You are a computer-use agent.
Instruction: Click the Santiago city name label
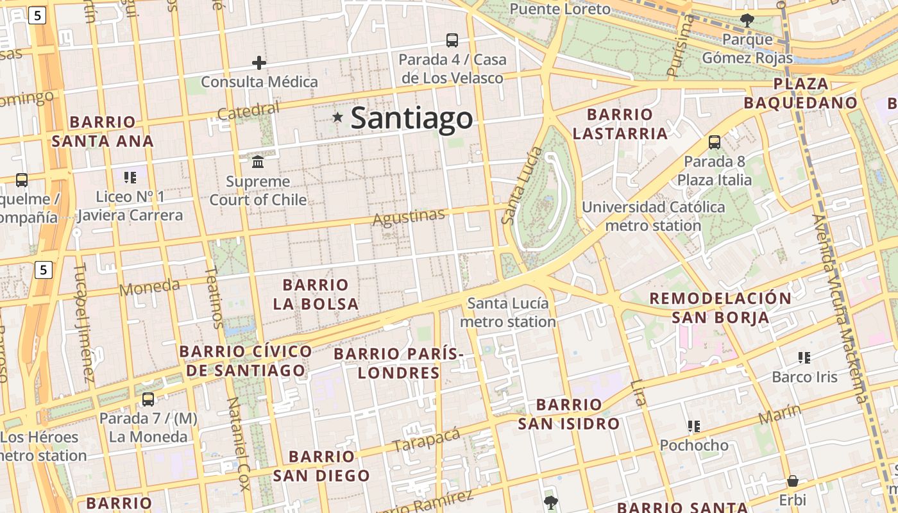(x=412, y=119)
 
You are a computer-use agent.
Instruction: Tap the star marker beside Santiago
(x=337, y=117)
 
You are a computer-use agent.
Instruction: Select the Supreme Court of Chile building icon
(x=258, y=160)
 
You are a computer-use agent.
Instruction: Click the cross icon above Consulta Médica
(x=259, y=63)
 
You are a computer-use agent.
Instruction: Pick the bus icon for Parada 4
(x=452, y=40)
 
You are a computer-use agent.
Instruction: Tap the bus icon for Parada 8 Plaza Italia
(x=715, y=142)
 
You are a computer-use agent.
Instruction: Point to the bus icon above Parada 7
(x=148, y=399)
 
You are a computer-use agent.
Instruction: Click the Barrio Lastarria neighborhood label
(x=620, y=124)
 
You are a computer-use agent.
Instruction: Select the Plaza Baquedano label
(x=801, y=94)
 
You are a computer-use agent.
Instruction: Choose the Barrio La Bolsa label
(x=316, y=294)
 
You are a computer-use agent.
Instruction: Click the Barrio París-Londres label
(x=398, y=363)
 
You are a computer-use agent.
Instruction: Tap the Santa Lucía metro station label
(x=507, y=312)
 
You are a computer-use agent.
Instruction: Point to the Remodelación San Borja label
(x=720, y=308)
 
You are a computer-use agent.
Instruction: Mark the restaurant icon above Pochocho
(x=693, y=426)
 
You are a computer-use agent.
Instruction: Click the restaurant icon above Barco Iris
(x=804, y=357)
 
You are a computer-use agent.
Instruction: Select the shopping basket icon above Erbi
(x=793, y=481)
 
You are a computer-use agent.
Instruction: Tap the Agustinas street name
(x=409, y=217)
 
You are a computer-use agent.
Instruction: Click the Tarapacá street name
(x=427, y=439)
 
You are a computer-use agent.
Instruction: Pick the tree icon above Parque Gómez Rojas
(x=747, y=20)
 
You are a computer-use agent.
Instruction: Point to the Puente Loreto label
(x=560, y=9)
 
